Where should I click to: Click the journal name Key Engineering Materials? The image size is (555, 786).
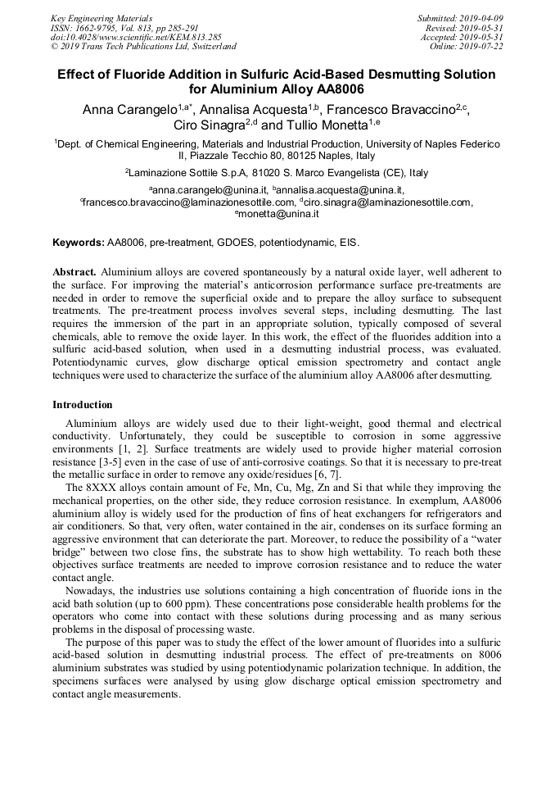coord(101,17)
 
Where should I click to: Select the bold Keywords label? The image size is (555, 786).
coord(78,243)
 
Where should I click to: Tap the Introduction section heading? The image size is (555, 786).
coord(83,405)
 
